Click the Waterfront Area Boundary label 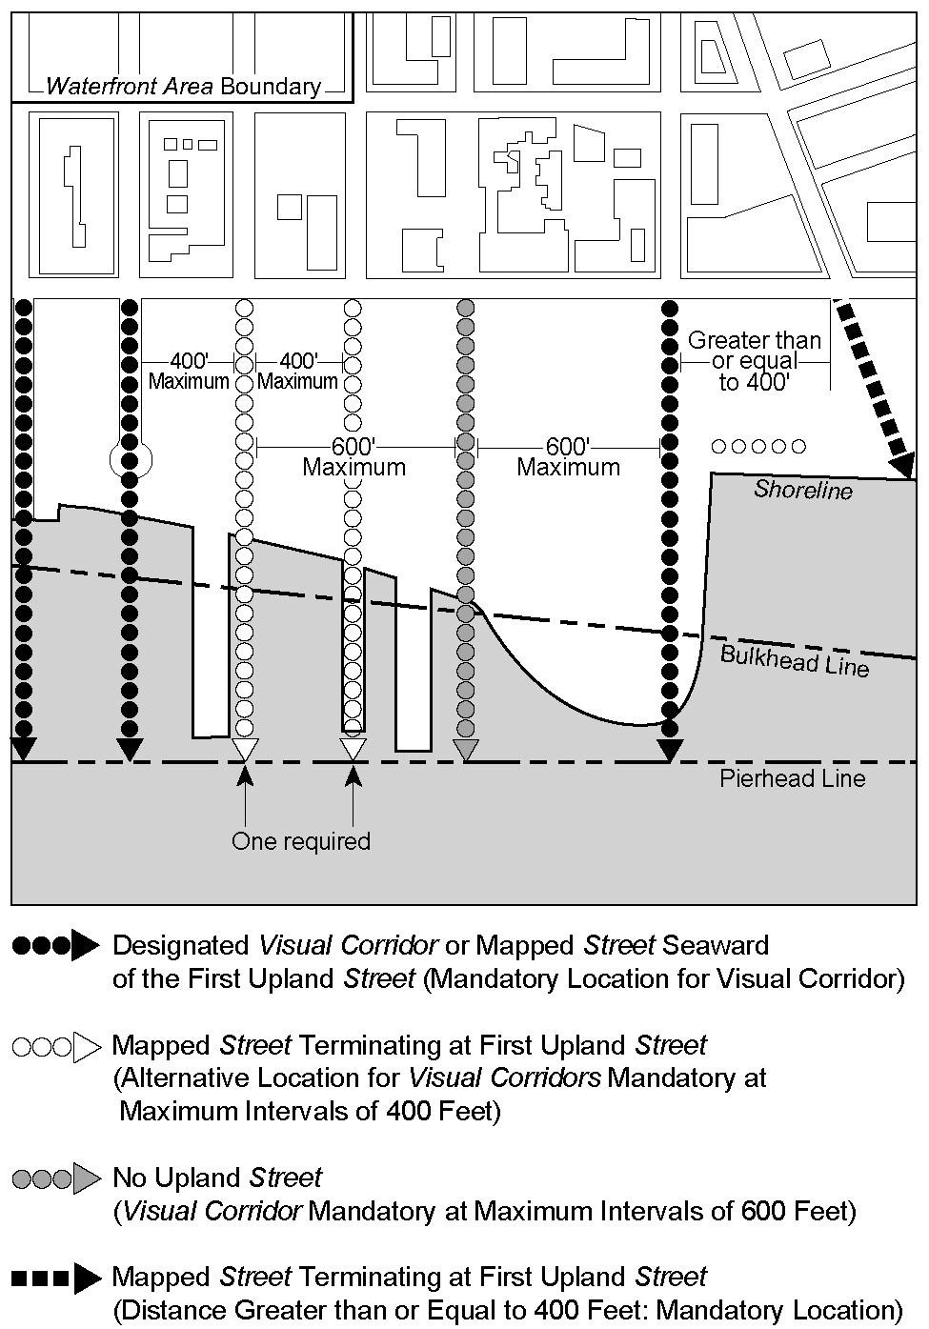(x=183, y=87)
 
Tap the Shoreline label (x=803, y=490)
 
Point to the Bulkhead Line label (x=795, y=659)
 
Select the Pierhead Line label (x=792, y=779)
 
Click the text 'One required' (x=300, y=841)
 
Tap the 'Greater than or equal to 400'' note (x=754, y=361)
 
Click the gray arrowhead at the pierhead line (x=465, y=750)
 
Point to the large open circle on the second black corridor (x=131, y=459)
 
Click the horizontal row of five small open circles (x=758, y=446)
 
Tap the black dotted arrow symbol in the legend (x=55, y=945)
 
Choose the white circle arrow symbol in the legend (x=55, y=1046)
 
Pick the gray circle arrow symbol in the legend (x=55, y=1178)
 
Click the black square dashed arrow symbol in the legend (x=55, y=1278)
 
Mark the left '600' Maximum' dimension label (x=353, y=457)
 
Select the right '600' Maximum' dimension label (x=568, y=457)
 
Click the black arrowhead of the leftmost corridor (x=23, y=748)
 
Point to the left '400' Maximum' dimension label (x=189, y=372)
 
